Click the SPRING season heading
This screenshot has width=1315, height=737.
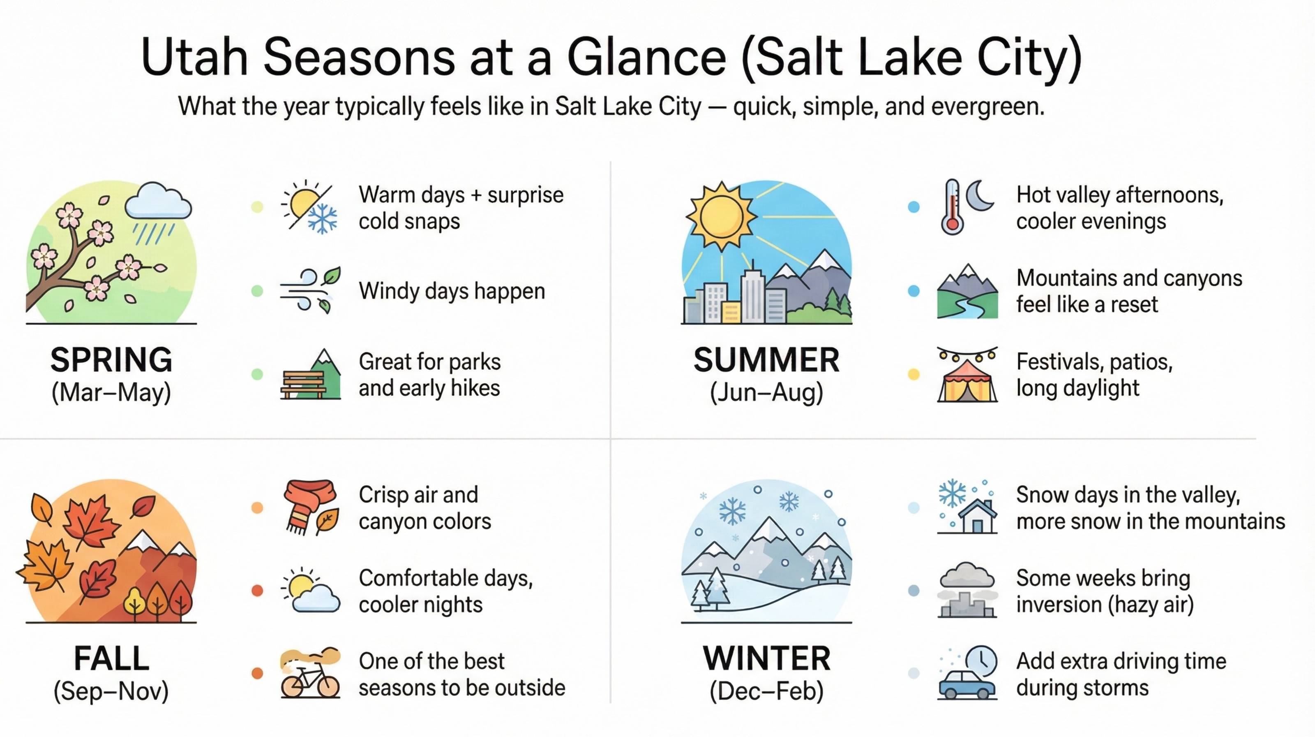tap(111, 359)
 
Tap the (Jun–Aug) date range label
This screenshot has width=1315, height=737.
tap(767, 393)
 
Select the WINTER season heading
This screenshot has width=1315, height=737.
tap(767, 658)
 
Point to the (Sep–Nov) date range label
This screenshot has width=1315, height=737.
tap(111, 691)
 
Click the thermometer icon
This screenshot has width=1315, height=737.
tap(952, 207)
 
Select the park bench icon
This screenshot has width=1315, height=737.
tap(303, 384)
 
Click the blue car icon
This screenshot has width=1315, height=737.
tap(967, 684)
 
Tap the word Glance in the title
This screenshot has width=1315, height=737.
tap(647, 57)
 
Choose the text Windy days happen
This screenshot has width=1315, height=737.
tap(452, 291)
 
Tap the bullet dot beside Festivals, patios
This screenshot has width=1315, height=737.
tap(914, 374)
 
